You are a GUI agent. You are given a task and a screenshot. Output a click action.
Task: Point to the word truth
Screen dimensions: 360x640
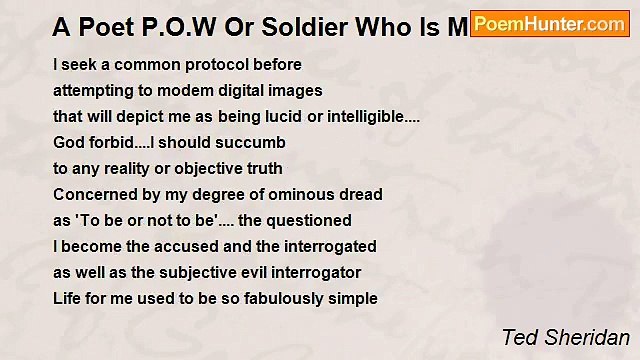tap(263, 169)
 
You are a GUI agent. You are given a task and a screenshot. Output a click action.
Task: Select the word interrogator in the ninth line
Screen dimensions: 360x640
tap(318, 273)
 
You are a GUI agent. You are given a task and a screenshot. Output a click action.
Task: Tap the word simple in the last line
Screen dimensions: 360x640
tap(352, 299)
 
